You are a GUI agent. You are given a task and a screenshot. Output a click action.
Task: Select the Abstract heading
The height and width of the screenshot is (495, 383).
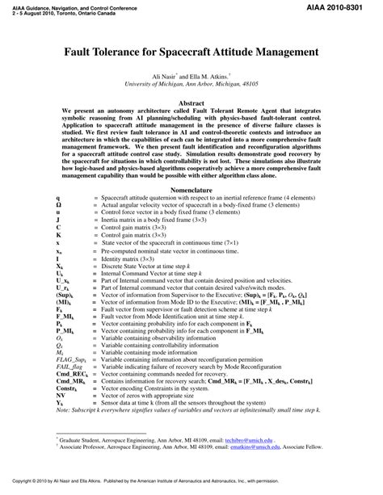pos(191,104)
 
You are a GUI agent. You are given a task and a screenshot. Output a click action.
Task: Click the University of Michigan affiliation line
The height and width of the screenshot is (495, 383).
pos(191,82)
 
